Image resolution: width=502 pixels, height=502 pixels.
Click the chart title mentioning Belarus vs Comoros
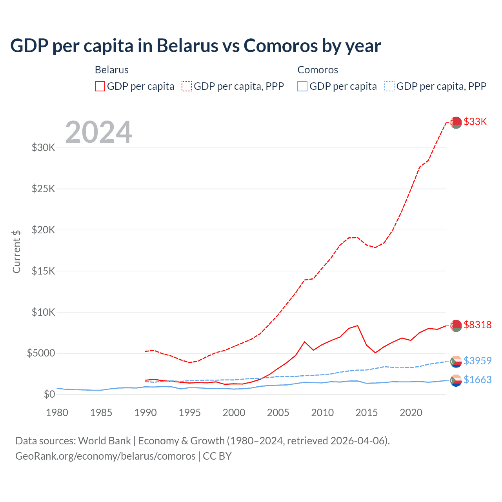coord(195,46)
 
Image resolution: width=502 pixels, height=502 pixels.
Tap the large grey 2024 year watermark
coord(98,132)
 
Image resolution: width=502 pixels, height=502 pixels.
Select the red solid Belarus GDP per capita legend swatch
coord(100,86)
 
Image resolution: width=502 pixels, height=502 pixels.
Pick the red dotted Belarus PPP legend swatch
coord(187,86)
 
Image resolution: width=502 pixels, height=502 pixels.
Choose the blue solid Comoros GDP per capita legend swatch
coord(302,86)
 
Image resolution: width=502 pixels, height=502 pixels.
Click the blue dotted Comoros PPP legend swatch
coord(389,86)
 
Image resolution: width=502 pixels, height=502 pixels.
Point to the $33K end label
coord(475,122)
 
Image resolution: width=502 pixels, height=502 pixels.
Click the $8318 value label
coord(477,325)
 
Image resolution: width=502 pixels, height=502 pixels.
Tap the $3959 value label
coord(477,361)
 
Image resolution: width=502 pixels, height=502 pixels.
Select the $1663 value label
coord(477,380)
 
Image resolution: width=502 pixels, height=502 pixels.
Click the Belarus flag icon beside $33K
coord(456,122)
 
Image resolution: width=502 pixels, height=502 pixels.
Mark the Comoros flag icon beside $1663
coord(456,380)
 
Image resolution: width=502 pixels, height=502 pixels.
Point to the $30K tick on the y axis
coord(44,148)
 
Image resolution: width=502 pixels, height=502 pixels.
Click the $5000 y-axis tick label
coord(41,353)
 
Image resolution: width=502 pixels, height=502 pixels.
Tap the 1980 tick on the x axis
coord(57,413)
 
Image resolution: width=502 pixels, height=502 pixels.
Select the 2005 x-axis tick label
coord(278,413)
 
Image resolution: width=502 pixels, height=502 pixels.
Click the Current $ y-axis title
coord(16,252)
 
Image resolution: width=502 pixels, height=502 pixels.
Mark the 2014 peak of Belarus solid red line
coord(357,326)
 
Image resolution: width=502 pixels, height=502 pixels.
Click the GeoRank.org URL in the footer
coord(105,456)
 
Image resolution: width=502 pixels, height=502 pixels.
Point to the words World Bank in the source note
coord(104,441)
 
